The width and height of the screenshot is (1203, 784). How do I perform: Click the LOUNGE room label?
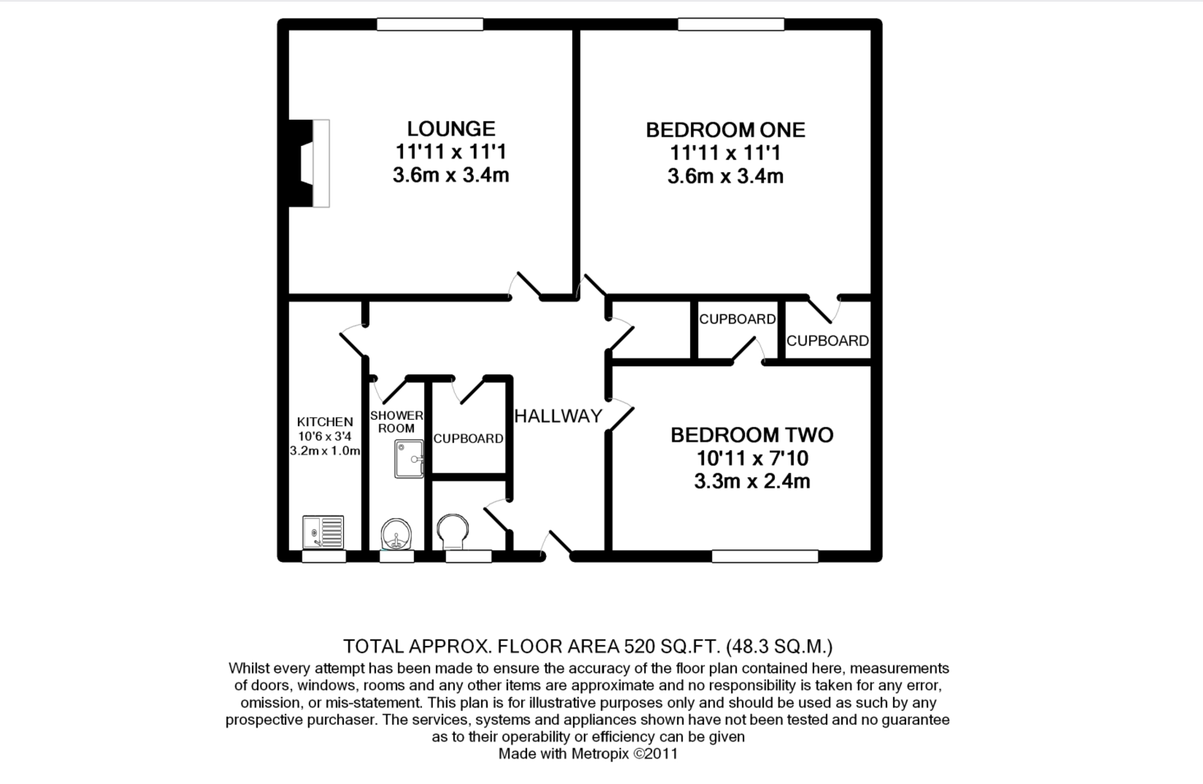point(451,129)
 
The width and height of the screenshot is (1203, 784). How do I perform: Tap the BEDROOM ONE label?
point(726,130)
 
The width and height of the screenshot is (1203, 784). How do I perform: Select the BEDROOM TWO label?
point(752,435)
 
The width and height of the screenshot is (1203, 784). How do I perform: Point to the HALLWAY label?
point(558,416)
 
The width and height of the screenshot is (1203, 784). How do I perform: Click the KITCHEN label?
point(325,422)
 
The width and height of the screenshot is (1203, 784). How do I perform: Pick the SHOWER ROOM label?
point(396,422)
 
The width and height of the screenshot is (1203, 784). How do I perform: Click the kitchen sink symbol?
point(323,532)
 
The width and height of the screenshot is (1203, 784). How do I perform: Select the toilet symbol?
point(452,532)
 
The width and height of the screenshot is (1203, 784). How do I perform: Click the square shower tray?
point(409,459)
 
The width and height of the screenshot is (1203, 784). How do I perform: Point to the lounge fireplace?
point(309,163)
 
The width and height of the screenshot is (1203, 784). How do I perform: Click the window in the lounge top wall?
point(430,24)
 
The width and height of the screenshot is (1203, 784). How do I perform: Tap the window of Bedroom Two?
point(765,556)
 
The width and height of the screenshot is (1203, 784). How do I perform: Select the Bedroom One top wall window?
point(731,24)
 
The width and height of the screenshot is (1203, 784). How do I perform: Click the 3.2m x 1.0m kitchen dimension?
point(325,451)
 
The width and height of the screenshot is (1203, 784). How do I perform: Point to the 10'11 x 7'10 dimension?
point(752,458)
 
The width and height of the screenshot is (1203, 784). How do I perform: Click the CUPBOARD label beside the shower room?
point(468,439)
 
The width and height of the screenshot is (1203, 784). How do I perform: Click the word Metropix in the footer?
point(600,754)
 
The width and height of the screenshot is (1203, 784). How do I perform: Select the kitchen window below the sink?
point(324,556)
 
